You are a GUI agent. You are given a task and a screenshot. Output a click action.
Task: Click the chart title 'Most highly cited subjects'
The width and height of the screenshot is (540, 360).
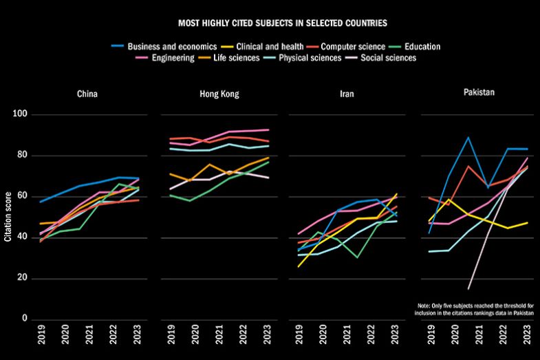pos(283,23)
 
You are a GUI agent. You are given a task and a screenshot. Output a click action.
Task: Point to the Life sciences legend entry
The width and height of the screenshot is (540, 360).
pos(238,58)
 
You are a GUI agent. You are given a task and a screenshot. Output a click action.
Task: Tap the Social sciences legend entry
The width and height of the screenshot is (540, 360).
pos(389,58)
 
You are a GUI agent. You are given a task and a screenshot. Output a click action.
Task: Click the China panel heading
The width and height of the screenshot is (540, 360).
pos(87,94)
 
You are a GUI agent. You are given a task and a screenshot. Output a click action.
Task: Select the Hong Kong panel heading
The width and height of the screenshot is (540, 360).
pos(219,94)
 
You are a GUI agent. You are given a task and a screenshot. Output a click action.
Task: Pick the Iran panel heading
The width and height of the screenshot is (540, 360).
pos(347,94)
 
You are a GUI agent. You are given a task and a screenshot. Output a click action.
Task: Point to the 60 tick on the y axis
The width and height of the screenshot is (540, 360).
pos(22,197)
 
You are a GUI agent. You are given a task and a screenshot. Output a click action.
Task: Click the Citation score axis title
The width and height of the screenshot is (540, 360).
pos(8,218)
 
